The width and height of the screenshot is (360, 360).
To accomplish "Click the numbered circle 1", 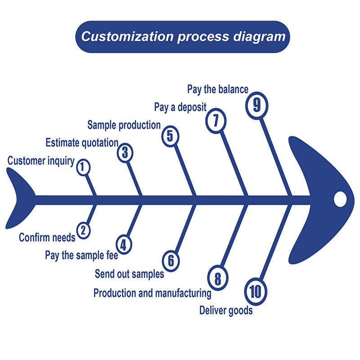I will pyautogui.click(x=83, y=167).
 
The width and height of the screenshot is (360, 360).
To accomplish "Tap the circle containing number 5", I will pyautogui.click(x=170, y=135).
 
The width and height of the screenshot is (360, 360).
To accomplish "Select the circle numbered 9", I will pyautogui.click(x=256, y=105).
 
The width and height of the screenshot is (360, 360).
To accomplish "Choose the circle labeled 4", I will pyautogui.click(x=124, y=244).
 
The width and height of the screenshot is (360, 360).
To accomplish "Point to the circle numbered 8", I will pyautogui.click(x=217, y=278).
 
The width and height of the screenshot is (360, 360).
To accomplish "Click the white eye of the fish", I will pyautogui.click(x=340, y=198).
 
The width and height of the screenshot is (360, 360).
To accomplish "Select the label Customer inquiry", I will pyautogui.click(x=41, y=161).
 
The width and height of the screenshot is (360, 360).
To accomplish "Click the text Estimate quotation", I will pyautogui.click(x=82, y=143).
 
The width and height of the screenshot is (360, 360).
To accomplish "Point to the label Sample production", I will pyautogui.click(x=124, y=125).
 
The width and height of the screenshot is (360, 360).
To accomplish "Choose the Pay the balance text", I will pyautogui.click(x=218, y=89).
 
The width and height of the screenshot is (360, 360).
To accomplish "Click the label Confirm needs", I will pyautogui.click(x=47, y=237).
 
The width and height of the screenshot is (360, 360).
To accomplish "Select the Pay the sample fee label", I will pyautogui.click(x=81, y=256).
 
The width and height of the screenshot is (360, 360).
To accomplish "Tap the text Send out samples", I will pyautogui.click(x=129, y=273).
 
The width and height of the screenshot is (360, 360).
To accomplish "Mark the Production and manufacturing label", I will pyautogui.click(x=152, y=293).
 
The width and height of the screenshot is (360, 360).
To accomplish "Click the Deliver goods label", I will pyautogui.click(x=226, y=310).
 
